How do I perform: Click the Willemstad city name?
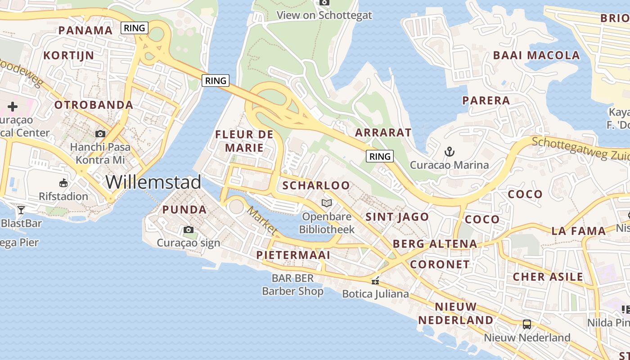(x=153, y=182)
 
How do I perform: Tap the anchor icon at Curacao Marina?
(x=449, y=152)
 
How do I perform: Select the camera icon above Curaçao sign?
(x=189, y=230)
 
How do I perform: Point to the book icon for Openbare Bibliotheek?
(x=327, y=203)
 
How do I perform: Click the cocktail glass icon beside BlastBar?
(x=21, y=210)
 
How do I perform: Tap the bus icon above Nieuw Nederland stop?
(x=527, y=324)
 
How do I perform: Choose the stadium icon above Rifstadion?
(x=63, y=183)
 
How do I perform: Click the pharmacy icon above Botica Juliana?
(x=375, y=281)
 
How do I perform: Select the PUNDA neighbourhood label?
(x=184, y=210)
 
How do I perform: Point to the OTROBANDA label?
(x=94, y=105)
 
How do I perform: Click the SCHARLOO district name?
(x=316, y=185)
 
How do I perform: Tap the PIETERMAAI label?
(x=293, y=255)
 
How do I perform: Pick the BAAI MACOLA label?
(x=536, y=55)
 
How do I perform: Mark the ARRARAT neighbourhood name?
(x=383, y=132)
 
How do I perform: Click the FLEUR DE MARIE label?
(x=244, y=141)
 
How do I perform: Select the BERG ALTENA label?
(x=435, y=244)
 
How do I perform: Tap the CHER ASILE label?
(x=548, y=277)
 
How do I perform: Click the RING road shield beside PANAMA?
(x=135, y=28)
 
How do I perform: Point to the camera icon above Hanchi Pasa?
(x=100, y=134)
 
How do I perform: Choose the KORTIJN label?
(x=68, y=56)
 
